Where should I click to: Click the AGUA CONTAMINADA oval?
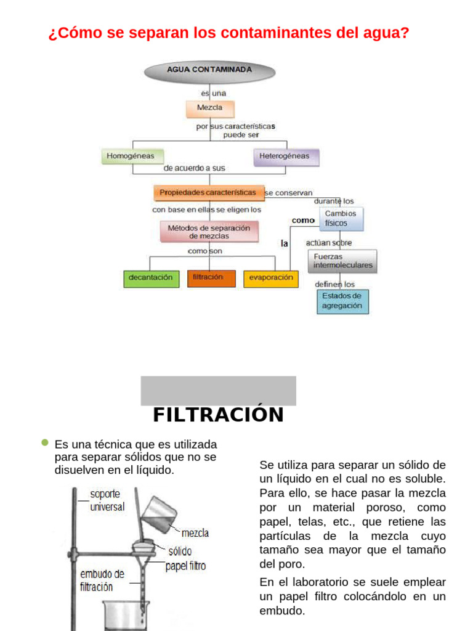[209, 70]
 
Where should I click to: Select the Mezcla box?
[210, 108]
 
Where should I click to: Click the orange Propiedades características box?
[208, 193]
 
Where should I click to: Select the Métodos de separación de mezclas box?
[210, 232]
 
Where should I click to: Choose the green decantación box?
[150, 278]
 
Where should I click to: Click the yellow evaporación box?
[271, 278]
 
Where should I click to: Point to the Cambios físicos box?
[341, 218]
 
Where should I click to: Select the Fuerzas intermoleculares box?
[342, 261]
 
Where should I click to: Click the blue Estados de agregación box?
[342, 301]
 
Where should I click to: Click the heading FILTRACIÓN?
[218, 415]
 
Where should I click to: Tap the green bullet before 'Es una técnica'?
[44, 442]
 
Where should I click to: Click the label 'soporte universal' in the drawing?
[107, 500]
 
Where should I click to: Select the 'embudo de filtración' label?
[102, 580]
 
